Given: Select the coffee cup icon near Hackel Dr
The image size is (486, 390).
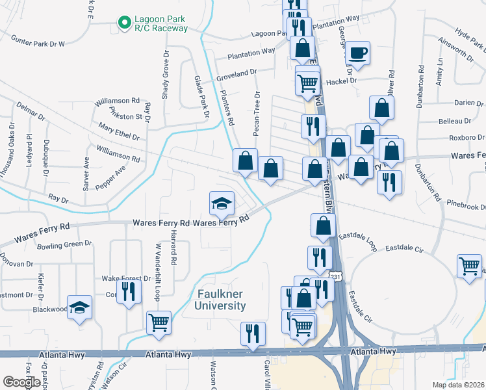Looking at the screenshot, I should click(357, 52).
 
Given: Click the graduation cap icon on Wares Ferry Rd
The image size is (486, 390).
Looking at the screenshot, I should click(222, 203).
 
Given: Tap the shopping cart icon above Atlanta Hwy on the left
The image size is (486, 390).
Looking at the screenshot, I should click(159, 322).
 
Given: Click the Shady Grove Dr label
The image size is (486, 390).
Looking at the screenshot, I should click(166, 72).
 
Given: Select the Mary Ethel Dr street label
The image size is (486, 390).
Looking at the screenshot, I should click(118, 131).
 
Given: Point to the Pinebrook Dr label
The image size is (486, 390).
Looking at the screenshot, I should click(467, 207).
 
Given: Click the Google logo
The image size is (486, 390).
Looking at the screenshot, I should click(21, 382).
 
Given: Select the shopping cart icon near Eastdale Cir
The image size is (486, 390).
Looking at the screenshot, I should click(469, 266).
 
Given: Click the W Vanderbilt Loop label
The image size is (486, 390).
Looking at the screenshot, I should click(158, 272).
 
